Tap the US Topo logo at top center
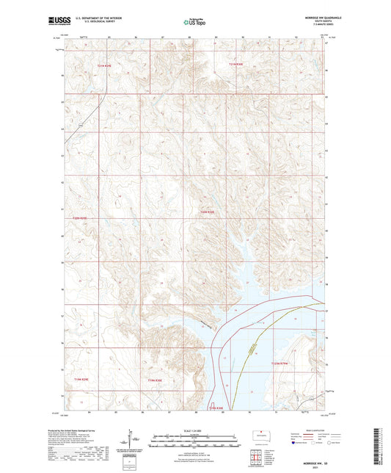[194, 23]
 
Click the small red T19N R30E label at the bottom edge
[219, 407]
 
